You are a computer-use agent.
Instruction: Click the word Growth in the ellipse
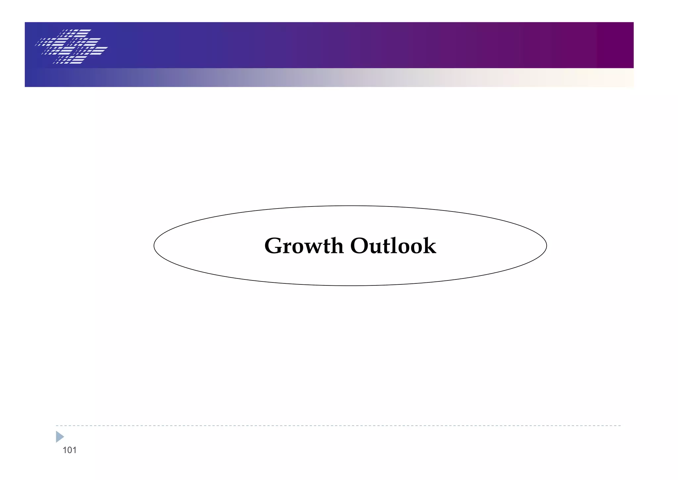pyautogui.click(x=304, y=246)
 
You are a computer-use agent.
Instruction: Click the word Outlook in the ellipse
pyautogui.click(x=393, y=246)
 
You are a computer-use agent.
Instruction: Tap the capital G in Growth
pyautogui.click(x=273, y=246)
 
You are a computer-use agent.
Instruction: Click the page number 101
pyautogui.click(x=70, y=450)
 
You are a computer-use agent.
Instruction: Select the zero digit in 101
pyautogui.click(x=70, y=450)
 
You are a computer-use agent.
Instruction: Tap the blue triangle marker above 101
pyautogui.click(x=60, y=437)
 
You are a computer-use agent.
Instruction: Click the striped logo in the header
pyautogui.click(x=72, y=46)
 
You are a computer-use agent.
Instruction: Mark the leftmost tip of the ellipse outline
pyautogui.click(x=154, y=246)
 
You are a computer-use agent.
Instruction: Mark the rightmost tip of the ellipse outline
pyautogui.click(x=546, y=246)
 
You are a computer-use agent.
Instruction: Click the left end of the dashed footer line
pyautogui.click(x=57, y=426)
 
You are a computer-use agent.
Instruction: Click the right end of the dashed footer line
pyautogui.click(x=620, y=426)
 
